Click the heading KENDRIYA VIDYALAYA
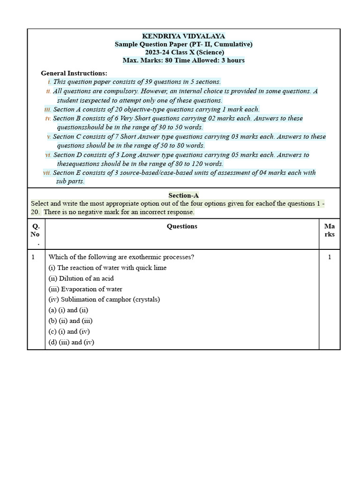pyautogui.click(x=183, y=36)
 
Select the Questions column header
pyautogui.click(x=182, y=226)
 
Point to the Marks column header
pyautogui.click(x=329, y=230)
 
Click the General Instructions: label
pyautogui.click(x=74, y=73)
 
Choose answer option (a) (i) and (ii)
pyautogui.click(x=68, y=310)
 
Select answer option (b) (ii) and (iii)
pyautogui.click(x=70, y=321)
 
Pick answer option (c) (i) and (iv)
pyautogui.click(x=69, y=331)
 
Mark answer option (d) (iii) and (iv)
pyautogui.click(x=71, y=342)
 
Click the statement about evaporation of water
pyautogui.click(x=85, y=289)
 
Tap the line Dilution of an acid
pyautogui.click(x=81, y=278)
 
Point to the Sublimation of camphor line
pyautogui.click(x=104, y=300)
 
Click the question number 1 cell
pyautogui.click(x=33, y=257)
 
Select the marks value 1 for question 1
pyautogui.click(x=329, y=257)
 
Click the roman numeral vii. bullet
pyautogui.click(x=47, y=173)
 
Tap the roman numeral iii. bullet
pyautogui.click(x=47, y=109)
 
